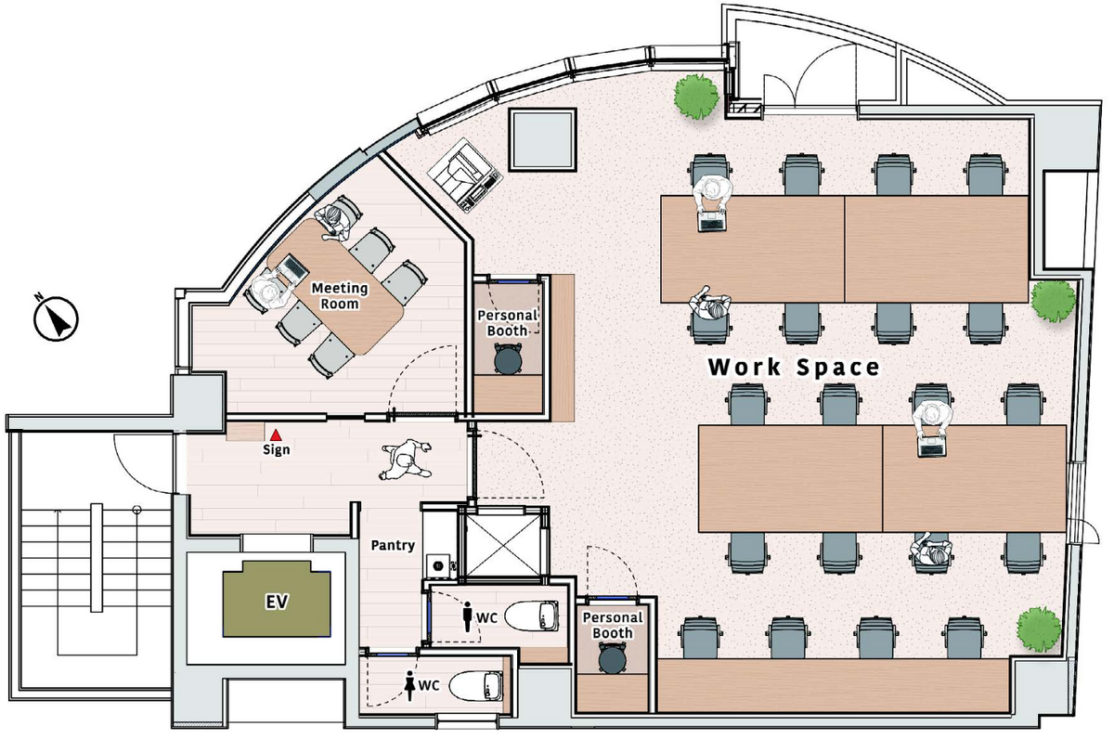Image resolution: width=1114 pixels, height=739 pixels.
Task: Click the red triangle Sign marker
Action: pyautogui.click(x=276, y=435)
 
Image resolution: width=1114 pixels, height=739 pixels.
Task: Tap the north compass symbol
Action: pyautogui.click(x=57, y=318)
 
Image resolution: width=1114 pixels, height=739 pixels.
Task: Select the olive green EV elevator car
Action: pyautogui.click(x=277, y=599)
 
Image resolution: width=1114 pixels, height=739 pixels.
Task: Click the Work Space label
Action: pyautogui.click(x=794, y=367)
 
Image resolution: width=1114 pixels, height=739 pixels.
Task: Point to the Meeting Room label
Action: pyautogui.click(x=340, y=296)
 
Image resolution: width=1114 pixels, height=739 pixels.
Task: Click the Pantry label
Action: pyautogui.click(x=393, y=545)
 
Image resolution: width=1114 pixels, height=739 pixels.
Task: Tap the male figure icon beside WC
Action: pyautogui.click(x=468, y=616)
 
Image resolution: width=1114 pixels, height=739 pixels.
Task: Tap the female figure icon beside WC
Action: pyautogui.click(x=409, y=686)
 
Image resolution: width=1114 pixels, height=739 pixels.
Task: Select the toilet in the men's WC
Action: pyautogui.click(x=532, y=616)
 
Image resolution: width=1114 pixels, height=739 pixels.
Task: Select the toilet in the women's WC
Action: pyautogui.click(x=475, y=685)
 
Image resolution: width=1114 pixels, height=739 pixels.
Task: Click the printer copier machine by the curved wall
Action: pyautogui.click(x=464, y=175)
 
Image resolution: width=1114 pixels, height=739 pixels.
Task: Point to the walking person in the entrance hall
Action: pyautogui.click(x=407, y=460)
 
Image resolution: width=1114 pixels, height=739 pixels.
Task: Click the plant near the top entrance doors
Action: pyautogui.click(x=696, y=97)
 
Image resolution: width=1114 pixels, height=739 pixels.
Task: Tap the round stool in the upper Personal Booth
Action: pyautogui.click(x=508, y=359)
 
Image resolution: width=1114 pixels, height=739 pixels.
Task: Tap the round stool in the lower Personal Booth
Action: pyautogui.click(x=613, y=658)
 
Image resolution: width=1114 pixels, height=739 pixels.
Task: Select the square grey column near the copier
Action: pyautogui.click(x=542, y=140)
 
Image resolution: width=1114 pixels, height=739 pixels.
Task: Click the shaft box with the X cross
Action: pyautogui.click(x=503, y=546)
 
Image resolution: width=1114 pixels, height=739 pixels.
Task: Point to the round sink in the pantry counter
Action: pyautogui.click(x=438, y=565)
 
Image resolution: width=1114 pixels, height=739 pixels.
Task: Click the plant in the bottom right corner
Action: pyautogui.click(x=1039, y=629)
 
